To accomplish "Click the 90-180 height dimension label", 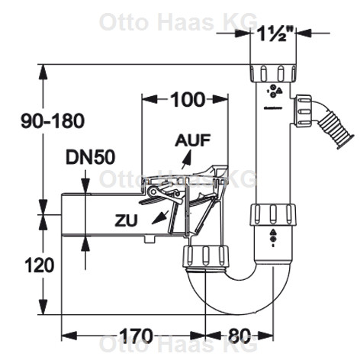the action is click(x=53, y=121).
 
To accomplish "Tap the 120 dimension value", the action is click(x=40, y=265).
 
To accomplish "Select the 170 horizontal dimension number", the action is click(x=137, y=336).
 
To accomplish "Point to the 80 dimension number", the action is click(x=239, y=336).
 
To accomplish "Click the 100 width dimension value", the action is click(x=188, y=99).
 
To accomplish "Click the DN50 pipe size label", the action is click(x=90, y=157).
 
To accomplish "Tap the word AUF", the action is click(x=192, y=140).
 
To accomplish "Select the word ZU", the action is click(x=126, y=220).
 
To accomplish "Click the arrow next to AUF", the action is click(x=186, y=159).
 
